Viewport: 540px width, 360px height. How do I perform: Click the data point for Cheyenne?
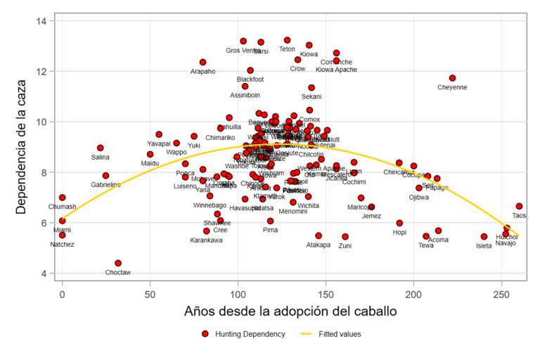coord(452,78)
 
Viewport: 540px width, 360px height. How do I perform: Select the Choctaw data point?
coord(118,263)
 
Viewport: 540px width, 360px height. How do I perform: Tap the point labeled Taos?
coord(519,206)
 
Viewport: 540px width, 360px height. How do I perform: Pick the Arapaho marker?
coord(203,63)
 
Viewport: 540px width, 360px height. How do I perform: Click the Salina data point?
coord(101,148)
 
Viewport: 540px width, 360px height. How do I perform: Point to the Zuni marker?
coord(345,237)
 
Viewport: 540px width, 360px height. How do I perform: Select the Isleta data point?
coord(484,237)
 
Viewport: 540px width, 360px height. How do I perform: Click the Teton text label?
coord(287,49)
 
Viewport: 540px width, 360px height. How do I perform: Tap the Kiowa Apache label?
coord(337,70)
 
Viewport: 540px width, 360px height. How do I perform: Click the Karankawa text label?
coord(206,240)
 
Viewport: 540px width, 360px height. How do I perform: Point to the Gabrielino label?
coord(105,185)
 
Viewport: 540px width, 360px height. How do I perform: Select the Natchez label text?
coord(62,245)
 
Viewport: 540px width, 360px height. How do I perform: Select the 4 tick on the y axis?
coord(44,273)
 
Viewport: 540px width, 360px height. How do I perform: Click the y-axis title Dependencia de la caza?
coord(21,146)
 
